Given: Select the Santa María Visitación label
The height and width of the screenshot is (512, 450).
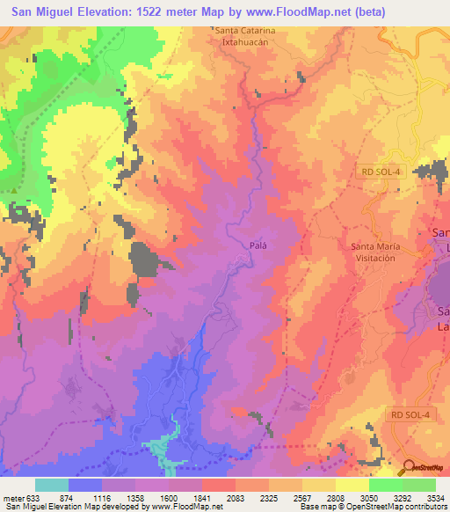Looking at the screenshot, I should (386, 252).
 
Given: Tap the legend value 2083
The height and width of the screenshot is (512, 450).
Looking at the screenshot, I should (236, 497).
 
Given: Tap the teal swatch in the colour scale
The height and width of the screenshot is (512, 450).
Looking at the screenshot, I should (52, 485).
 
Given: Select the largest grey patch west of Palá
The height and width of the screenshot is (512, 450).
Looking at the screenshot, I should (143, 260).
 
